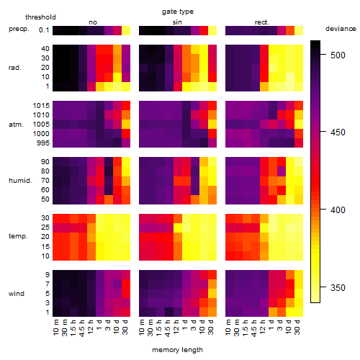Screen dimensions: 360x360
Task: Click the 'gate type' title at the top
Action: (178, 12)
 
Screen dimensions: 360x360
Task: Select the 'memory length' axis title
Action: (177, 350)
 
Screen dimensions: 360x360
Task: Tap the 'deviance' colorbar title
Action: (341, 29)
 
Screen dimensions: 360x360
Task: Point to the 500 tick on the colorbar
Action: (323, 54)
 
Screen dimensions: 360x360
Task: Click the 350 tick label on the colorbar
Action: (338, 287)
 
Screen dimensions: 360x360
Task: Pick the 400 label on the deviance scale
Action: (338, 210)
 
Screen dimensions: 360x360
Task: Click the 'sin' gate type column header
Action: (177, 22)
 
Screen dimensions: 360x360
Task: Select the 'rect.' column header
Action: (261, 22)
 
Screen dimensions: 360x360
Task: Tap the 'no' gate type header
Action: (93, 22)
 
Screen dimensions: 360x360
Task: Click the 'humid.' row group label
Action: (20, 181)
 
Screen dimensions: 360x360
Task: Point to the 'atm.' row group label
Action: (16, 125)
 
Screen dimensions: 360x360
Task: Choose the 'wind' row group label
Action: (17, 293)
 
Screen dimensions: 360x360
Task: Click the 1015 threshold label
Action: (41, 106)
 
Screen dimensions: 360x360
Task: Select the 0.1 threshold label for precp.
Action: (44, 30)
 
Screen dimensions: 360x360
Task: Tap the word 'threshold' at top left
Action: (40, 17)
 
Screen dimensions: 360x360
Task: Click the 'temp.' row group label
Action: (18, 236)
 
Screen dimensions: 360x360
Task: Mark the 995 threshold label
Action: (43, 143)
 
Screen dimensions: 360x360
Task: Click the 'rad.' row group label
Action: (15, 68)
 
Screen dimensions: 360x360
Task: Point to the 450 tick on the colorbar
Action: (323, 132)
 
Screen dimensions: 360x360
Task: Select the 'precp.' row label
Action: (19, 29)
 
